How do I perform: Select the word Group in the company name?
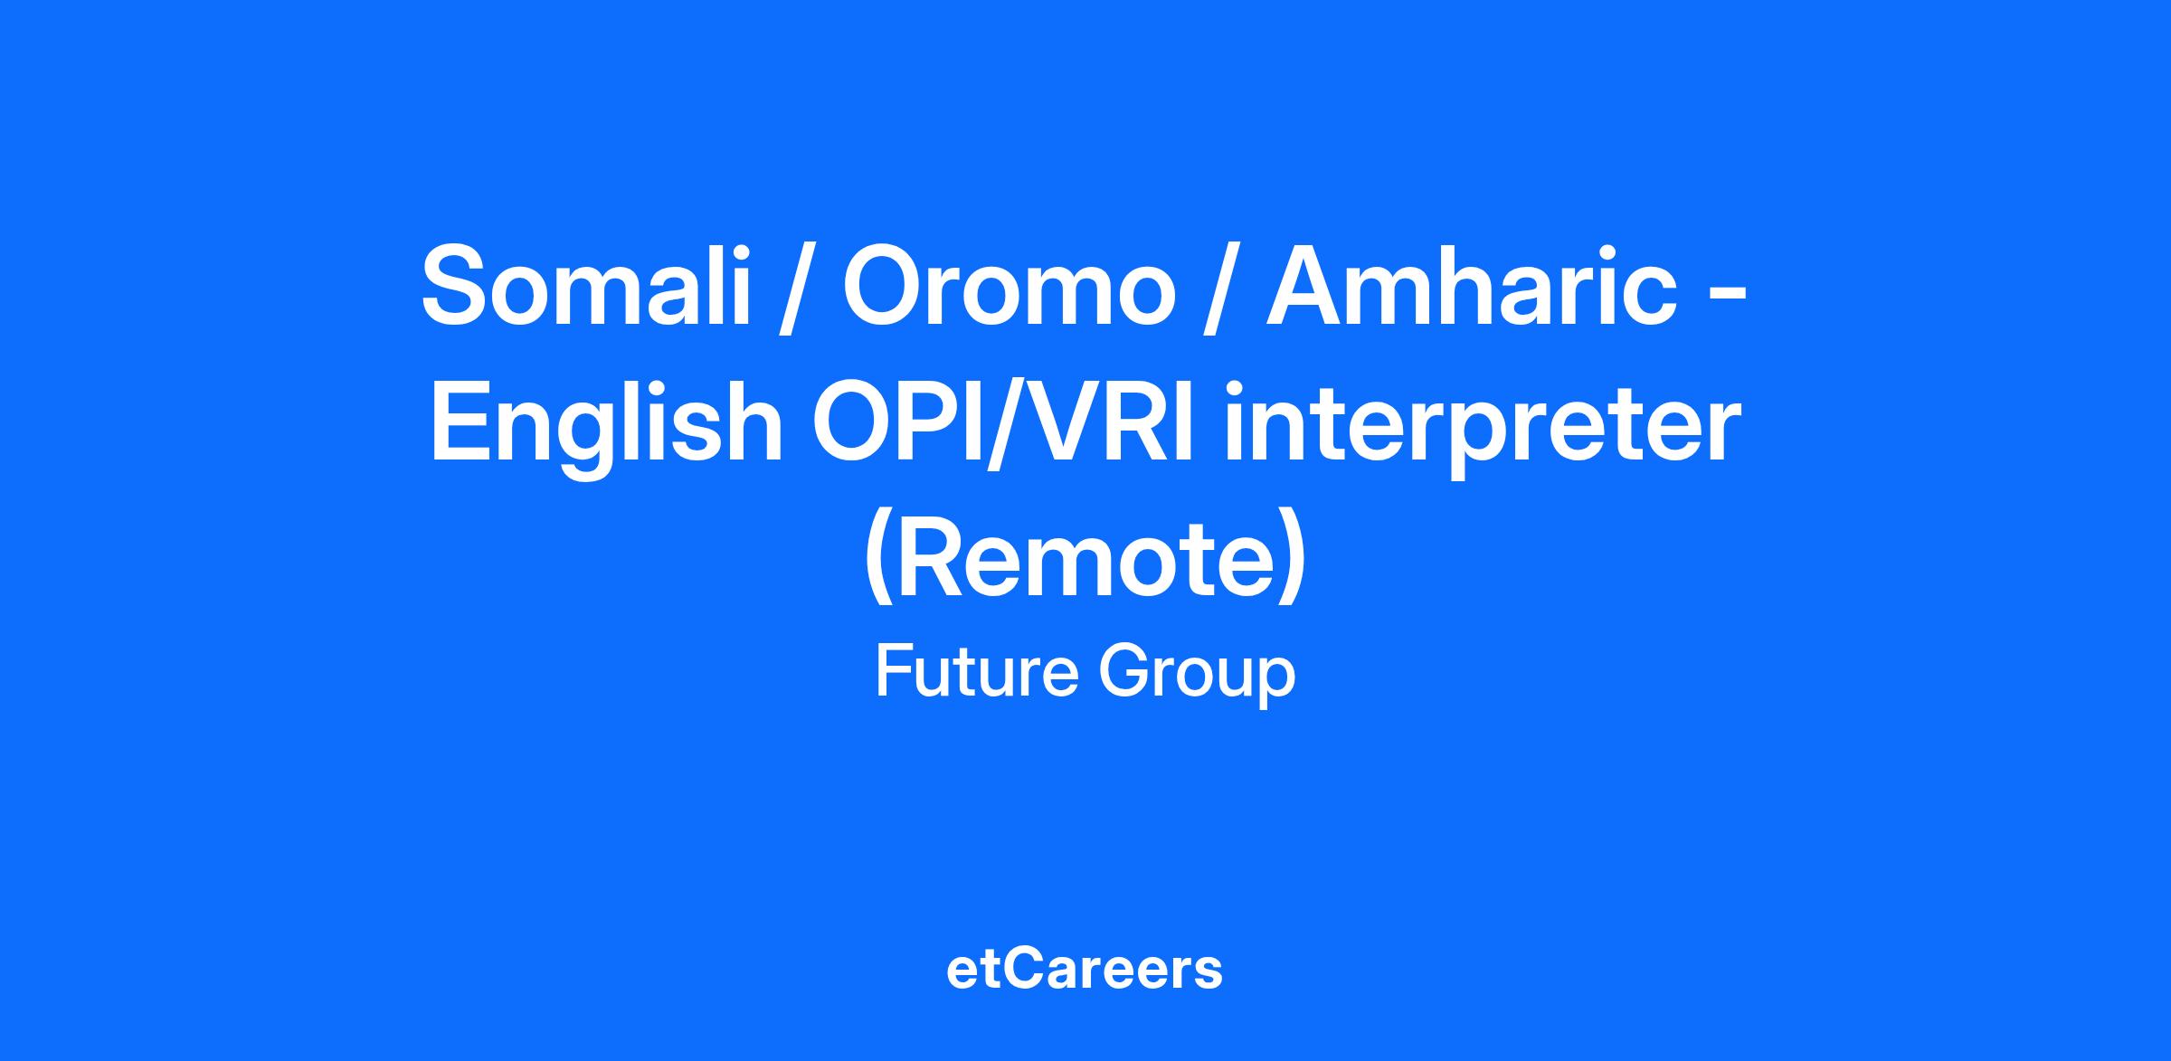[x=1197, y=677]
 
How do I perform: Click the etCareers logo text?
[x=1085, y=969]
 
